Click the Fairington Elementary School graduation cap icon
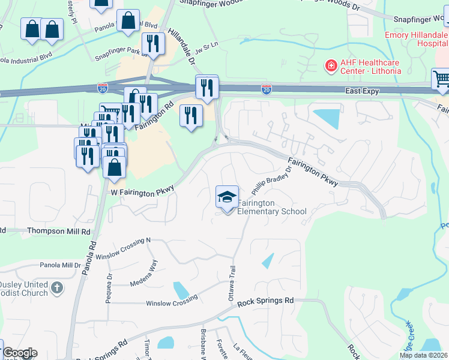click(227, 197)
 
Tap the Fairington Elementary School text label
click(272, 207)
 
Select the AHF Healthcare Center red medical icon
click(330, 65)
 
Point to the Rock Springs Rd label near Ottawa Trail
click(265, 301)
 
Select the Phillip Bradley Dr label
click(271, 181)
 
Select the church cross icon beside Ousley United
click(57, 287)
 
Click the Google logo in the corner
click(19, 353)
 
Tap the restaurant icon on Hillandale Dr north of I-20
click(154, 44)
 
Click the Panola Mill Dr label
click(60, 265)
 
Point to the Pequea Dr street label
click(109, 287)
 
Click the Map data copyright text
click(424, 355)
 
